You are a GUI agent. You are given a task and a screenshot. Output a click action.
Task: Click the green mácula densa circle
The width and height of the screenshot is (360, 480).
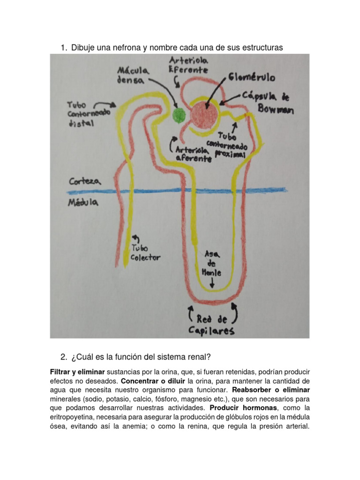click(x=179, y=115)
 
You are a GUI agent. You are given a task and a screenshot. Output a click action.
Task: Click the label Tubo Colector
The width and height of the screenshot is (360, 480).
click(x=145, y=252)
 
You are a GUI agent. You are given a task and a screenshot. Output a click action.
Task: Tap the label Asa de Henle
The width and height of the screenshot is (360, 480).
click(x=211, y=263)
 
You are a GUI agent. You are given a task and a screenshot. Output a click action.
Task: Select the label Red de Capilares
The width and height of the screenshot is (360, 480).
click(x=212, y=325)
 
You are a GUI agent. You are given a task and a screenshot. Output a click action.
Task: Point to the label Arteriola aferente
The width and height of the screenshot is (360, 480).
click(x=193, y=155)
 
